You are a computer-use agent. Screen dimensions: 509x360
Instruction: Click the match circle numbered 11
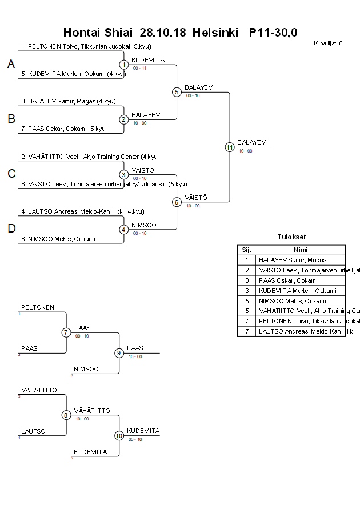230,147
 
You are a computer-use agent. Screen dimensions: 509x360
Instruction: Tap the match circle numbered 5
177,92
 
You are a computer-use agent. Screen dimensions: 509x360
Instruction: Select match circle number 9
119,353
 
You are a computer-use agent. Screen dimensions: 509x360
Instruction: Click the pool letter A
11,65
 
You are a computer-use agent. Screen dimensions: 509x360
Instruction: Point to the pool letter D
11,229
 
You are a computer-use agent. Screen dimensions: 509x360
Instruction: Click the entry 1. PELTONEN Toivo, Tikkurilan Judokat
86,46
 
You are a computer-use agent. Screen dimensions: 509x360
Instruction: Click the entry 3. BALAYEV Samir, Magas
69,101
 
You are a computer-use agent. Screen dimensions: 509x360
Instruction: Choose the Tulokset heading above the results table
291,237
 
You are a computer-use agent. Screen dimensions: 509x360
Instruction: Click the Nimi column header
300,250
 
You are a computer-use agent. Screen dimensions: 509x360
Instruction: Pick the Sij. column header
246,250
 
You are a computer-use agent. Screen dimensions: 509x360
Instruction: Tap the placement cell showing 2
246,270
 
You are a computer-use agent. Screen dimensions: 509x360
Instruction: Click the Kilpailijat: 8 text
328,43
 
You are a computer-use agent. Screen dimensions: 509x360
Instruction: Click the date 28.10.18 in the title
163,33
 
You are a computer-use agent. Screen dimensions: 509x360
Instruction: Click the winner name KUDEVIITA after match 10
143,431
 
